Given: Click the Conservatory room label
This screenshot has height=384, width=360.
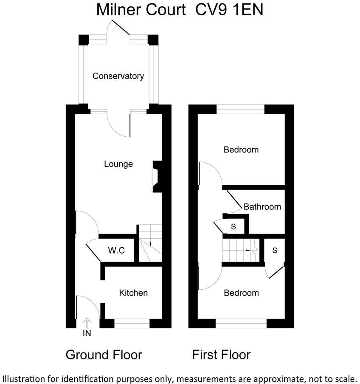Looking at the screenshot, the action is coord(118,76).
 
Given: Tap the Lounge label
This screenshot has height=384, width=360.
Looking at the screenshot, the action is coord(118,164).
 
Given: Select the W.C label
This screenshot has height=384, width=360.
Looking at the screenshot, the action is coord(116,251).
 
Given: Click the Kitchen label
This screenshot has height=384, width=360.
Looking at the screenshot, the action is coord(133,293).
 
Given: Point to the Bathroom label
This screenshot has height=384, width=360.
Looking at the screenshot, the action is coord(262,207).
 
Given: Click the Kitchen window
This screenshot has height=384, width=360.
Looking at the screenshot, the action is coord(132,325).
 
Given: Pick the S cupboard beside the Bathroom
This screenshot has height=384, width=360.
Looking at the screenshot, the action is coord(233,226).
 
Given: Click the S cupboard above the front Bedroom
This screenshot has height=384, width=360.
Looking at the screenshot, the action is coord(274,251).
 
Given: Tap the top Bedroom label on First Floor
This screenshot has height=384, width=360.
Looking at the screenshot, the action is coord(241,150).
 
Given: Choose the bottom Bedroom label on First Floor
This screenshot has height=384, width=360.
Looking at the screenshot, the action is coord(241,293).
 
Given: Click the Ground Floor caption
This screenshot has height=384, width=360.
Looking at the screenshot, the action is coord(104,355).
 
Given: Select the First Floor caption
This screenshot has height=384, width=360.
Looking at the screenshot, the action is coord(221,355).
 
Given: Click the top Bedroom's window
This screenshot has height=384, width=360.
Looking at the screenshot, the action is coord(241,108).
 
